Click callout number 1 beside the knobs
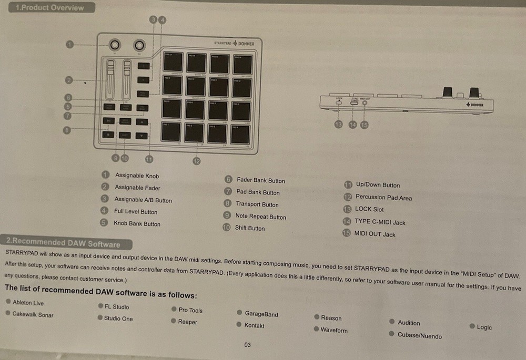(70, 44)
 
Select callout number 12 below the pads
(196, 161)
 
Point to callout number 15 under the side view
(364, 125)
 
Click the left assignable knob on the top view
(115, 44)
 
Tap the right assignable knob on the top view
(139, 44)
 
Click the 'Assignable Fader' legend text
(137, 188)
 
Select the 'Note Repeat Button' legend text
(260, 217)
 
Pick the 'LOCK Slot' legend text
(369, 209)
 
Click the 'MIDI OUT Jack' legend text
(375, 234)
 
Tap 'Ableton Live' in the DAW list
(28, 303)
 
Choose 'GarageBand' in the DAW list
(261, 314)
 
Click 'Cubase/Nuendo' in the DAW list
(419, 336)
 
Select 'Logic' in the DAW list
(484, 327)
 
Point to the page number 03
(248, 345)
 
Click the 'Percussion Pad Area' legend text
(383, 198)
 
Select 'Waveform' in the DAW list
(333, 331)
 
